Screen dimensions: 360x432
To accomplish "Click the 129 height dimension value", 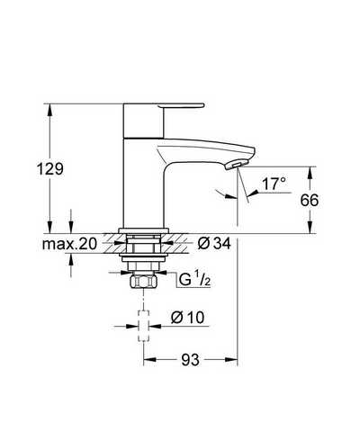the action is pos(50,169).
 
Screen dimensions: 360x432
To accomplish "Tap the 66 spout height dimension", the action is pos(310,200).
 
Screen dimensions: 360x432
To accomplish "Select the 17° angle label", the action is pos(274,184).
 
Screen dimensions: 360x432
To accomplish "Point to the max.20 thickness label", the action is pos(69,244).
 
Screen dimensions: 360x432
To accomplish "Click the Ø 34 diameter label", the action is pos(214,243).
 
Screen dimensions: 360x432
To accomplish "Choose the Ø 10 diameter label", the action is pos(187,318).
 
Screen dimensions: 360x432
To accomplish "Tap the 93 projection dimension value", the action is pos(190,359).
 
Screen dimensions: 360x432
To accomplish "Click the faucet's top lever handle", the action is pos(181,105).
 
